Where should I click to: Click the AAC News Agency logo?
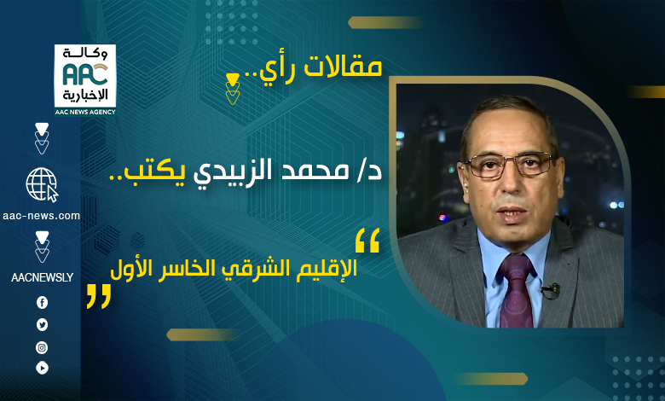click(x=85, y=80)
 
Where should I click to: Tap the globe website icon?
click(x=42, y=184)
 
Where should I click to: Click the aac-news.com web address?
click(x=41, y=216)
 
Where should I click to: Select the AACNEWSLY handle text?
click(x=42, y=277)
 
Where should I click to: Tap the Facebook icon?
click(x=42, y=303)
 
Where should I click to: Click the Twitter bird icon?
click(x=42, y=325)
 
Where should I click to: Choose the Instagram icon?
click(x=42, y=348)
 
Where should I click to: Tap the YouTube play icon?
click(x=42, y=368)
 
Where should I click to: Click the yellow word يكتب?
click(x=154, y=171)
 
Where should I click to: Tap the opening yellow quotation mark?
click(x=367, y=241)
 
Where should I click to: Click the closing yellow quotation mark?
click(x=99, y=296)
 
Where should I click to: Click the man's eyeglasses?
click(x=509, y=164)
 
